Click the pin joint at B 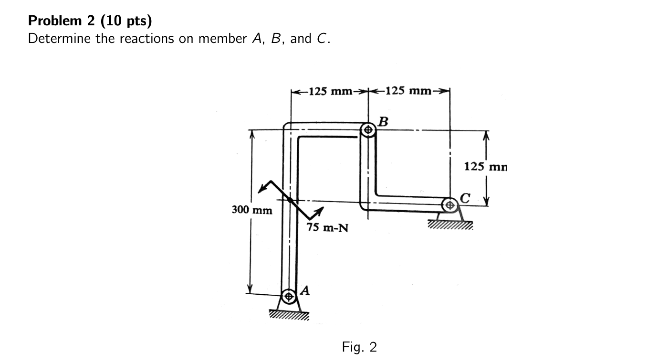click(x=368, y=129)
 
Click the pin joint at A click(x=288, y=296)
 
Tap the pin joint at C click(x=449, y=206)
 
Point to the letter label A click(x=306, y=289)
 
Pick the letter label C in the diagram click(x=466, y=197)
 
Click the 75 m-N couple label click(x=327, y=228)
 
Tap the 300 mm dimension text click(x=252, y=210)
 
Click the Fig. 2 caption click(x=359, y=347)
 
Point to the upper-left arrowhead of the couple click(x=261, y=190)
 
